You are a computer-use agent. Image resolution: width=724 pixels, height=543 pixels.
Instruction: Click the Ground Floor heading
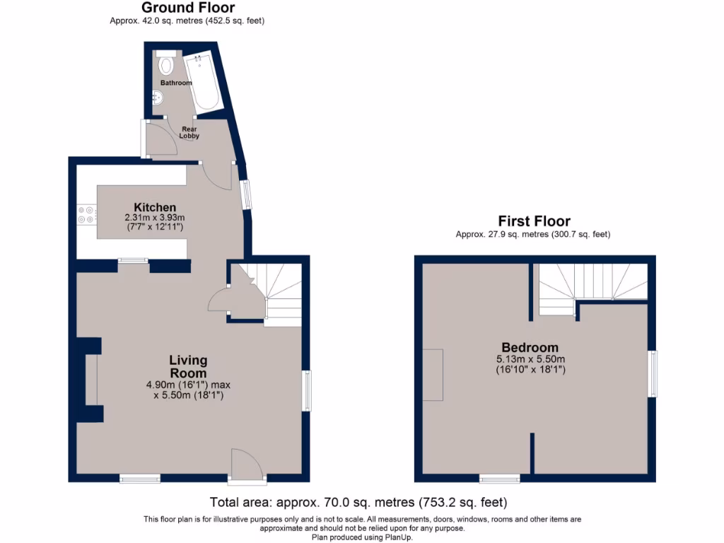point(187,8)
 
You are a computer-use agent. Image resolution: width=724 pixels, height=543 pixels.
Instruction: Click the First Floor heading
point(534,221)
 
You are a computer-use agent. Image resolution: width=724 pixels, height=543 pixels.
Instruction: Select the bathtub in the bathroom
point(203,82)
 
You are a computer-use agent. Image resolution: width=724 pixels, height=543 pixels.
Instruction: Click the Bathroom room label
point(175,83)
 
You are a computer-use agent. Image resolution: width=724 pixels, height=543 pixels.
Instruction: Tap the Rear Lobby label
point(189,132)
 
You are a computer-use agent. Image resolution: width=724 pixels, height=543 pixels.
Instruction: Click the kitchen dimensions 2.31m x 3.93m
point(154,217)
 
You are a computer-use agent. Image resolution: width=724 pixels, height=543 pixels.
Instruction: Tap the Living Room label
point(188,367)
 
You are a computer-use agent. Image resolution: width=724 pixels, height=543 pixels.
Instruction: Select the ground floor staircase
point(281,294)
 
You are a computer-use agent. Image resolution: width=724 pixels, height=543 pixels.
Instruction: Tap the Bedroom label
point(530,348)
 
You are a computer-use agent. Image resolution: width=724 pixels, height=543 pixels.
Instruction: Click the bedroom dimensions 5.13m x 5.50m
point(530,359)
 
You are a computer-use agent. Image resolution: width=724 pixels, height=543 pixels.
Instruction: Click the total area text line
point(358,503)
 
